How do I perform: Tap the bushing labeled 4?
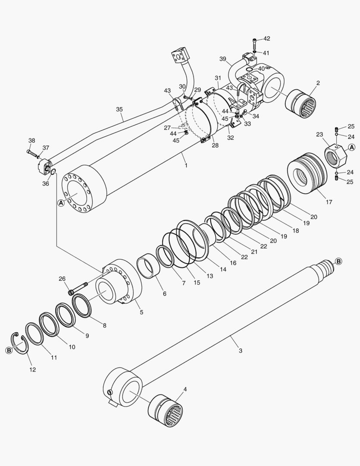click(x=166, y=410)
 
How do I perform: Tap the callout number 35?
click(x=119, y=110)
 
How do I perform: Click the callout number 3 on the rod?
click(x=240, y=350)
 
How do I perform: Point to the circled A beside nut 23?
click(x=351, y=148)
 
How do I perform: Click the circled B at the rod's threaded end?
click(x=338, y=261)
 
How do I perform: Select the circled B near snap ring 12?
click(x=9, y=350)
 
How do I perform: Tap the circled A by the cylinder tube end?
click(x=61, y=202)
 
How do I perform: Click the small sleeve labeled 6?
click(x=149, y=266)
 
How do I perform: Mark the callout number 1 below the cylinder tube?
click(x=186, y=165)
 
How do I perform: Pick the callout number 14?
click(x=223, y=269)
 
